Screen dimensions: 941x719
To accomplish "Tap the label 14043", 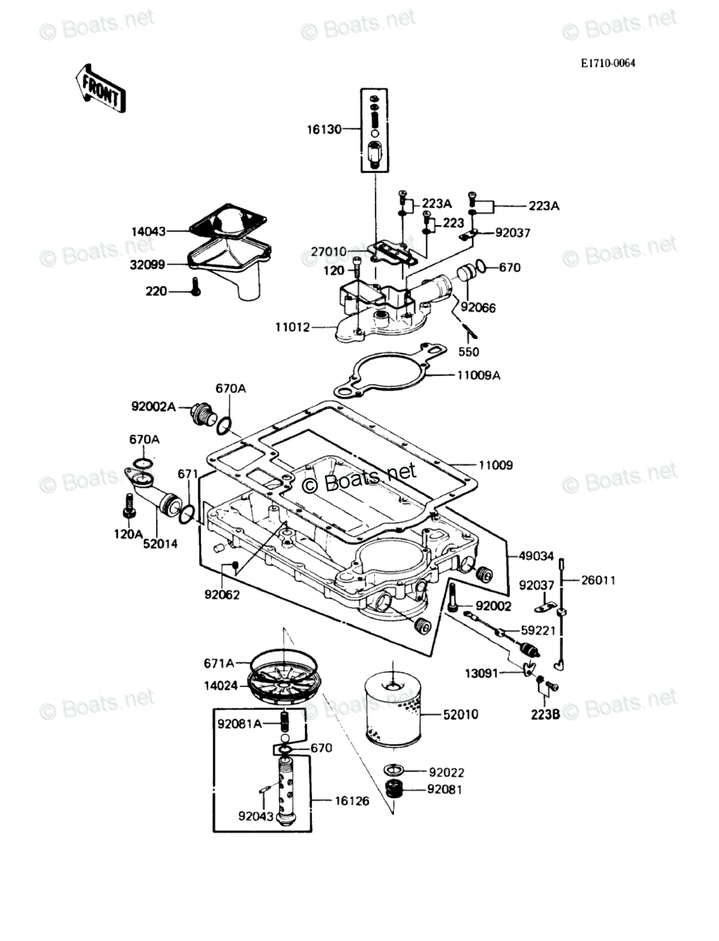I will (149, 231).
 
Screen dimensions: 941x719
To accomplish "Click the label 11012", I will (294, 328).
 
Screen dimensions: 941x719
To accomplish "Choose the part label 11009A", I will (479, 374).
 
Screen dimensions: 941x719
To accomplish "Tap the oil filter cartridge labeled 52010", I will (389, 712).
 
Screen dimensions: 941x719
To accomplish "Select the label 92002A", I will (154, 407).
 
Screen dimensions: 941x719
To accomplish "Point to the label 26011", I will (599, 579).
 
